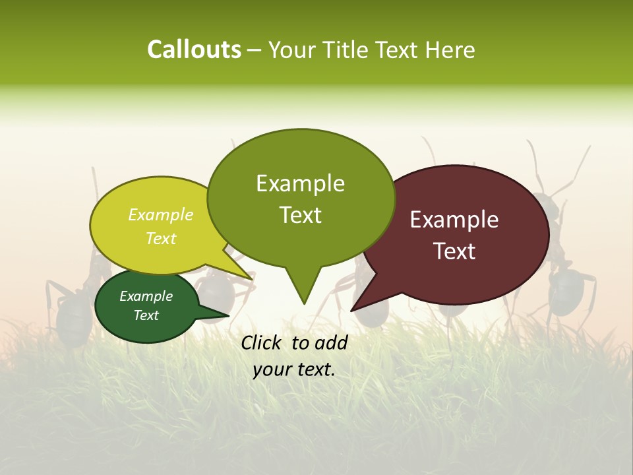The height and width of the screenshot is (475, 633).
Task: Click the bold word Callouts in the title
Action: [194, 49]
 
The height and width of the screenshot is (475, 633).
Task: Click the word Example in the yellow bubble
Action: [161, 214]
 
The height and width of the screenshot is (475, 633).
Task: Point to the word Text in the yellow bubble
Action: [161, 238]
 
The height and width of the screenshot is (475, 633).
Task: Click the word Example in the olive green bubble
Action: [300, 183]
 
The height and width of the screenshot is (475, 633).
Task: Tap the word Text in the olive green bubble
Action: [300, 215]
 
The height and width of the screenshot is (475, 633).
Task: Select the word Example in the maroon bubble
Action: [454, 220]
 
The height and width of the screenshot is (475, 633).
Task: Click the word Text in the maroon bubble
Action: [454, 251]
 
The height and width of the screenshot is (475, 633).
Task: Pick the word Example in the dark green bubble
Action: [146, 296]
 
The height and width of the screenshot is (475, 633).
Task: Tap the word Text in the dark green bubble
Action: [146, 315]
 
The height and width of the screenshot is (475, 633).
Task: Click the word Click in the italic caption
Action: [263, 342]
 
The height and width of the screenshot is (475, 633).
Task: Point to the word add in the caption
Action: [332, 342]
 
